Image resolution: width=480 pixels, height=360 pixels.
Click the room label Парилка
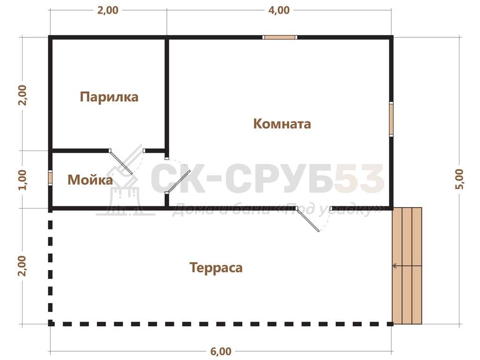pos(109,97)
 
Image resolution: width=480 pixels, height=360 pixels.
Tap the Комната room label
pos(282,124)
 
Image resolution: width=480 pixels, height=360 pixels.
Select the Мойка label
pos(90,180)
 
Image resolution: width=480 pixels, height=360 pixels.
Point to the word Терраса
pos(216,268)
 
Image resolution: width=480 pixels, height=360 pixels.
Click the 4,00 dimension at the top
pos(279,10)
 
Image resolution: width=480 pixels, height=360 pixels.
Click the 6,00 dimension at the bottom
pos(221,351)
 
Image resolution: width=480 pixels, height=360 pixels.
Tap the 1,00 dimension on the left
pos(22,180)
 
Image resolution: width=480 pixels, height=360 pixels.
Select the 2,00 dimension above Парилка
pos(108,10)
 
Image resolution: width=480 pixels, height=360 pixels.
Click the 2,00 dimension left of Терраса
pos(22,266)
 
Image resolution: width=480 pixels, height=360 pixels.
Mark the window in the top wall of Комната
pos(280,37)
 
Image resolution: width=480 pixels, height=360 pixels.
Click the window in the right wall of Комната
pos(391,119)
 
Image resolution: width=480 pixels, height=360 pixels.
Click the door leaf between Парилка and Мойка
pos(121,162)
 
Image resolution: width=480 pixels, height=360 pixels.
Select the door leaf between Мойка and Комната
pos(179,181)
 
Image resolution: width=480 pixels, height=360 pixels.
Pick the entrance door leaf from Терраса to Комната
pos(307,219)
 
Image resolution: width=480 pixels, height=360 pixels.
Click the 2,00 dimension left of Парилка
pos(22,95)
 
